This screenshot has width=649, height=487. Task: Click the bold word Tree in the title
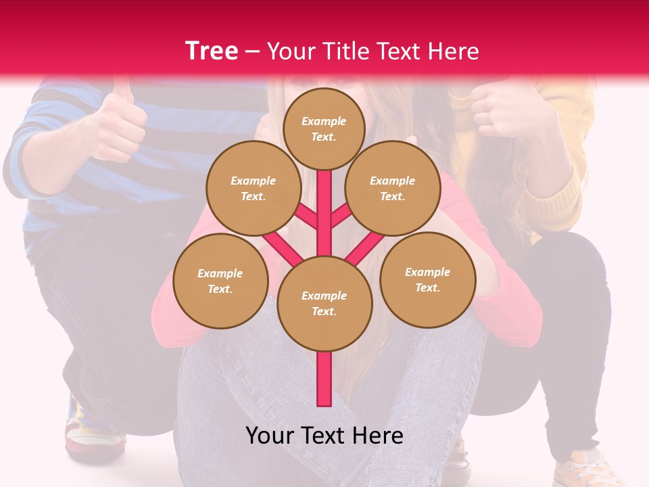212,51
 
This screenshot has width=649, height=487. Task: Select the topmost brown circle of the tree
324,129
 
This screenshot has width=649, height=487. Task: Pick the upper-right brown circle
393,189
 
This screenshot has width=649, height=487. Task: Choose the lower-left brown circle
220,281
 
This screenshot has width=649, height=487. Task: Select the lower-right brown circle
427,279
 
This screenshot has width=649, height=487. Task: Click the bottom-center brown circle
324,304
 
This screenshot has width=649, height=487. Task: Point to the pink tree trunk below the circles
324,379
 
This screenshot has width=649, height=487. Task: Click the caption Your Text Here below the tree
324,436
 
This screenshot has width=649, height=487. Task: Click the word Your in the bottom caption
269,436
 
